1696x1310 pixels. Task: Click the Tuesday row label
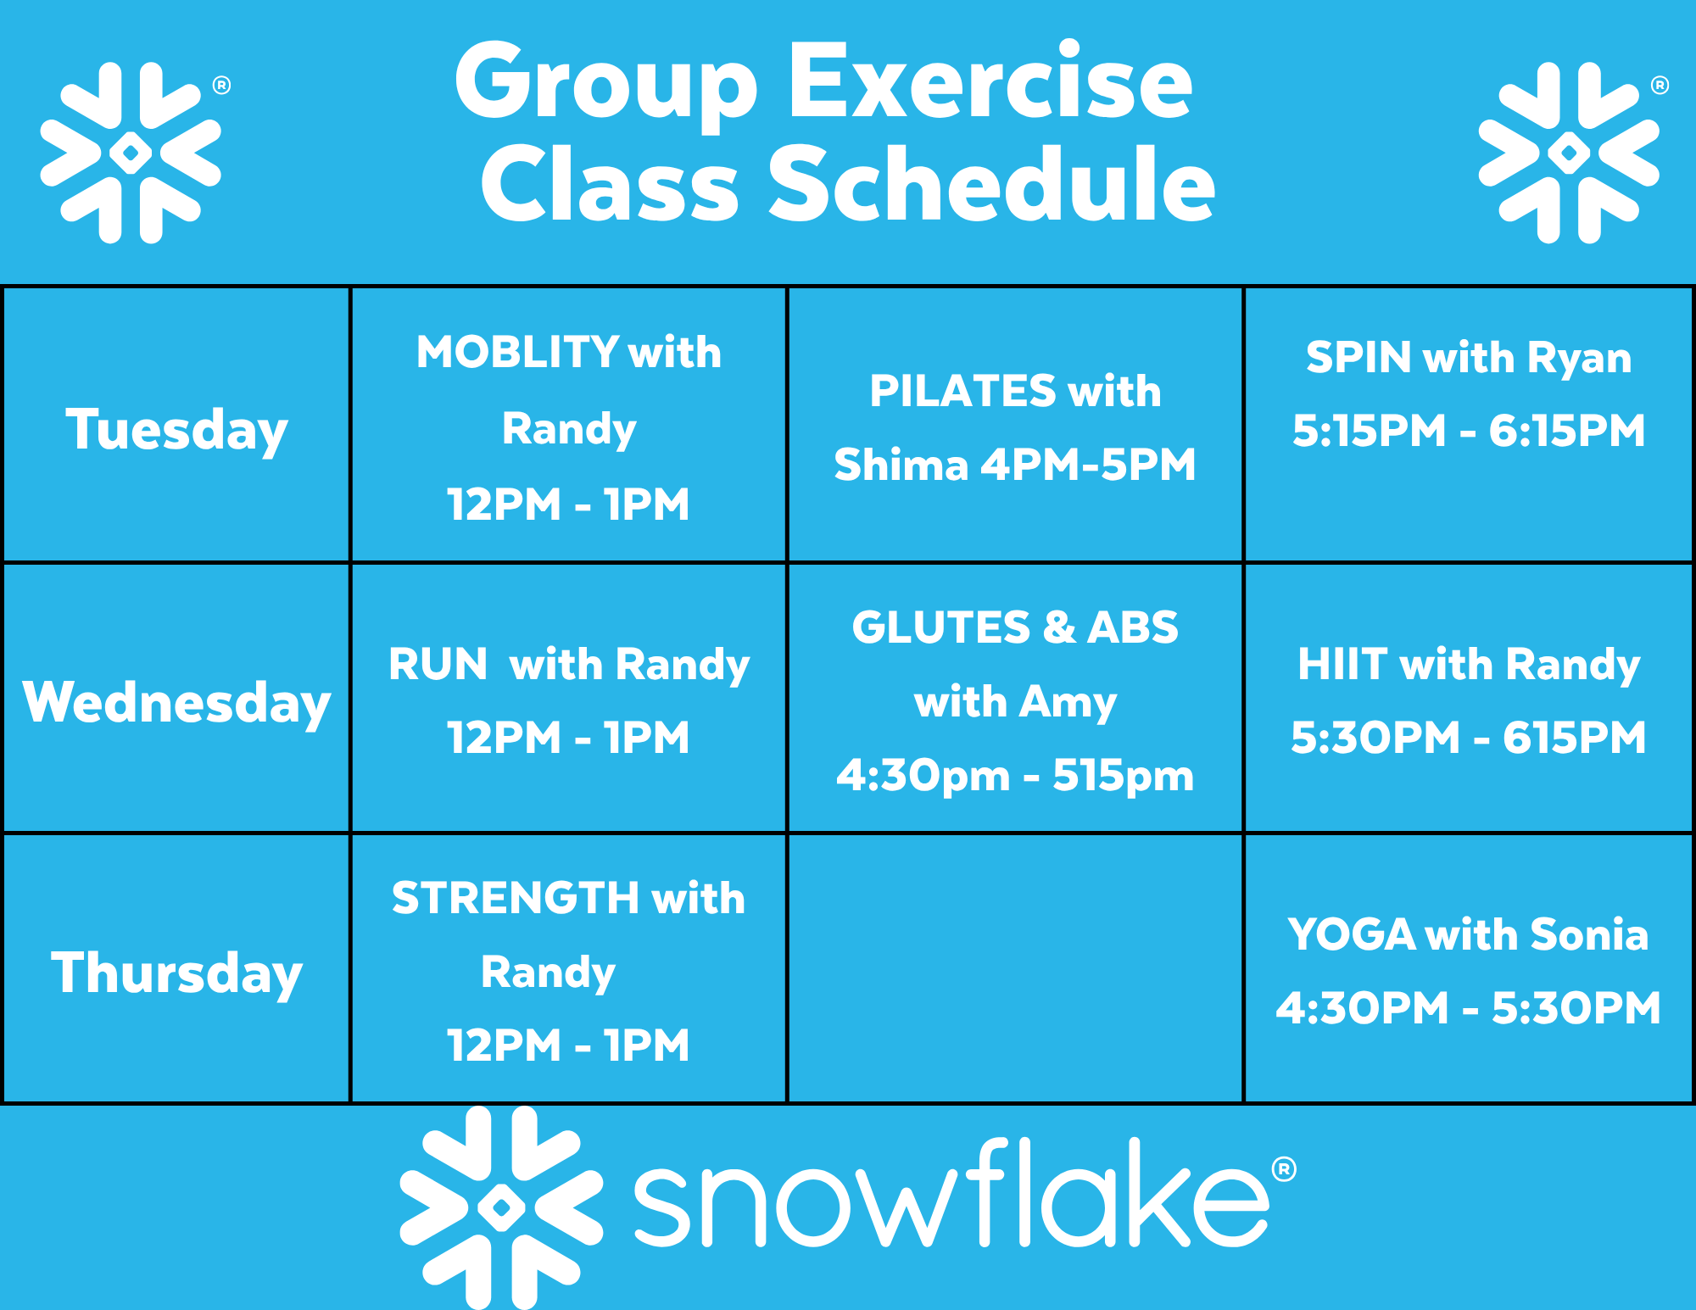coord(176,429)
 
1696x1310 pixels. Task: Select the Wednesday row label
coord(176,702)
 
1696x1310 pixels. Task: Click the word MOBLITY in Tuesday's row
coord(517,352)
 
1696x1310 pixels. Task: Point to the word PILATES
coord(962,391)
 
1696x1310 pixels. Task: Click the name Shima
coord(901,465)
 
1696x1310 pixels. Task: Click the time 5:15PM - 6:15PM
coord(1469,431)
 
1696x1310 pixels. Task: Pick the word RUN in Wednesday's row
coord(438,664)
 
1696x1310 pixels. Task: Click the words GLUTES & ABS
coord(1015,627)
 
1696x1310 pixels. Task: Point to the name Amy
coord(1068,703)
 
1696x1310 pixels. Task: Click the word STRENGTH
coord(516,898)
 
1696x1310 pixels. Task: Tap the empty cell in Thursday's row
coord(1015,969)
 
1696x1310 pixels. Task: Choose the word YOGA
coord(1352,934)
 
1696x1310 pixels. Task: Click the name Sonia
coord(1589,934)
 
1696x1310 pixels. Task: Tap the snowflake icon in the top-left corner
coord(131,153)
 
